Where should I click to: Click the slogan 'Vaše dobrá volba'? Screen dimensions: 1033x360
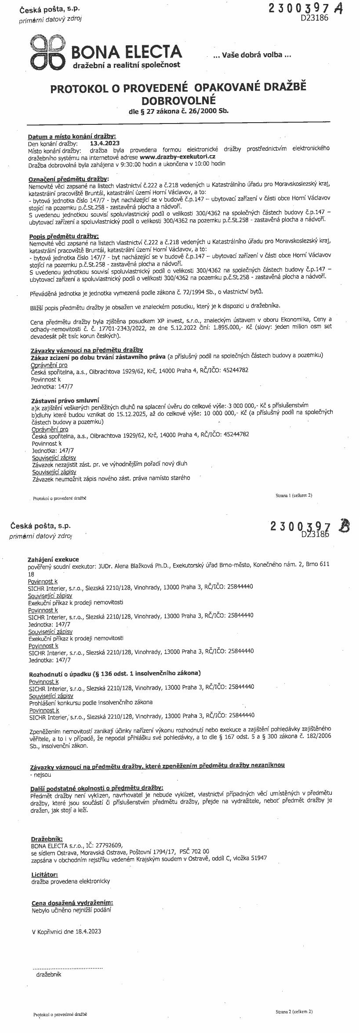[252, 55]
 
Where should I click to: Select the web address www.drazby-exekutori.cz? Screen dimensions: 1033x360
[178, 156]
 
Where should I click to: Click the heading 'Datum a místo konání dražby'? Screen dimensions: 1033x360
[72, 136]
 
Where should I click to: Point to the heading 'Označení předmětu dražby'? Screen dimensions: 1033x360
[68, 179]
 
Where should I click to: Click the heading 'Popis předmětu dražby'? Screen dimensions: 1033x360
[64, 236]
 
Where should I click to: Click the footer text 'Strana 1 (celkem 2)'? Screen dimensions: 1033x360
[294, 495]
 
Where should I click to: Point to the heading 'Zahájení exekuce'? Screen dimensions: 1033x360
[54, 559]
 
